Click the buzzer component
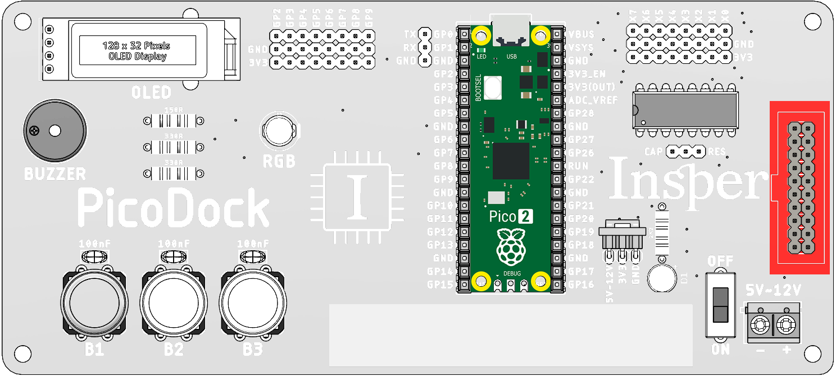pyautogui.click(x=55, y=131)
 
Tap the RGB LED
pyautogui.click(x=279, y=131)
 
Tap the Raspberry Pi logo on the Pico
pyautogui.click(x=510, y=246)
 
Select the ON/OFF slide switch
pyautogui.click(x=720, y=305)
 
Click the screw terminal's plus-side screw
pyautogui.click(x=787, y=324)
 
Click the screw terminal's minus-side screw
pyautogui.click(x=760, y=324)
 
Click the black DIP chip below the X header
pyautogui.click(x=685, y=110)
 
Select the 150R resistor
pyautogui.click(x=172, y=121)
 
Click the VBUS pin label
pyautogui.click(x=581, y=34)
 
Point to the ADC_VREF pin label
pyautogui.click(x=593, y=100)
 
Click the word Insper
pyautogui.click(x=689, y=179)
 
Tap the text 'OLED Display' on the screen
pyautogui.click(x=137, y=56)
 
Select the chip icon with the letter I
pyautogui.click(x=357, y=198)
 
